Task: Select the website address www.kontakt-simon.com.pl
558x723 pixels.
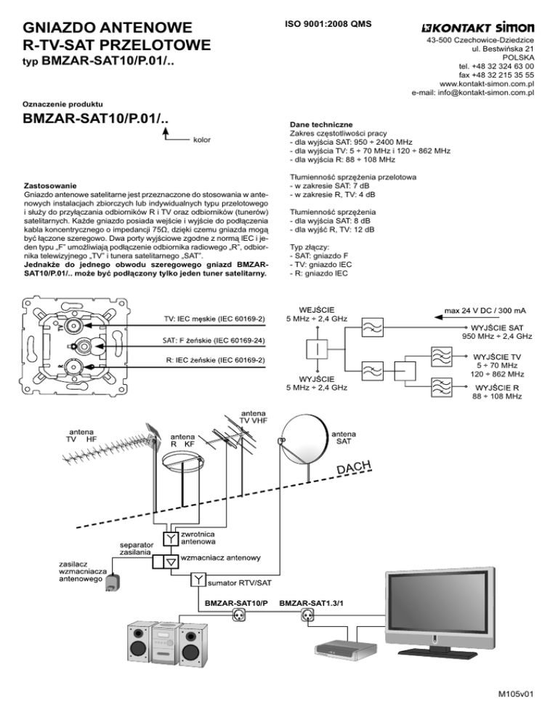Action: (x=488, y=84)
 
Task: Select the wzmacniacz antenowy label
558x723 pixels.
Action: (x=221, y=558)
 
